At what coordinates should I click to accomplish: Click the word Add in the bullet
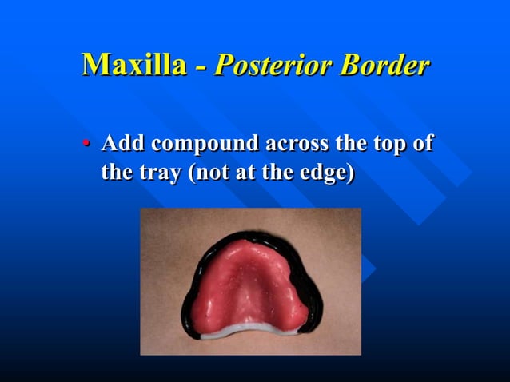click(123, 145)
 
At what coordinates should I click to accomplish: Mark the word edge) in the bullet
click(326, 173)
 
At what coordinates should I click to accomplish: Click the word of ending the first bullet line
click(424, 145)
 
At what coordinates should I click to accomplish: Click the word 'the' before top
click(349, 145)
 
